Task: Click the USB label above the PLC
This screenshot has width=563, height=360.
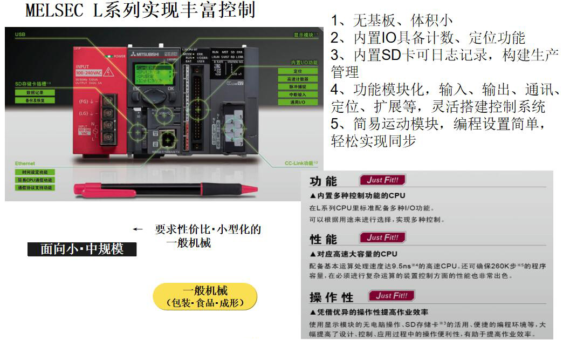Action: click(x=20, y=34)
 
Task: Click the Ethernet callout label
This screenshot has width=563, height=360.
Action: click(x=25, y=163)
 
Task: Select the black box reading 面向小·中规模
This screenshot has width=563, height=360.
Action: click(x=82, y=249)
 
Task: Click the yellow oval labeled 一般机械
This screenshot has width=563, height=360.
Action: click(x=205, y=296)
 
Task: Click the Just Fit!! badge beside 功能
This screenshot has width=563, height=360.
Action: click(x=382, y=180)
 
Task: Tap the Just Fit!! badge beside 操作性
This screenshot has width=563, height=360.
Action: click(x=392, y=295)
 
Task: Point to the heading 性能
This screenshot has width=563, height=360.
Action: click(x=324, y=239)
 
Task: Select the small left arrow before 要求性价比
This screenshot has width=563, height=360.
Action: click(x=138, y=229)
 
